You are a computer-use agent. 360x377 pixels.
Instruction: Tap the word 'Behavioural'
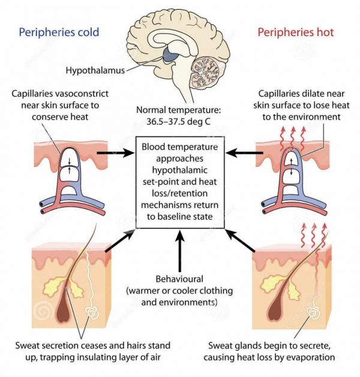coord(179,280)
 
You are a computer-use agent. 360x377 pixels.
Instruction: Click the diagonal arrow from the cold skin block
coord(118,239)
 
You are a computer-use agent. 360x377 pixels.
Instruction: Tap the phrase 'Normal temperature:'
coord(179,111)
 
